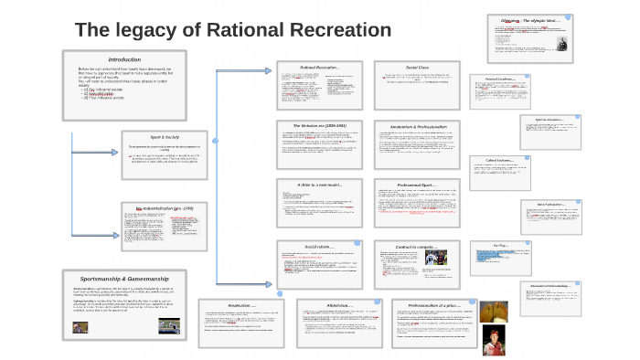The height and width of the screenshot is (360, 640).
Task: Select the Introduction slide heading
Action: [x=124, y=59]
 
